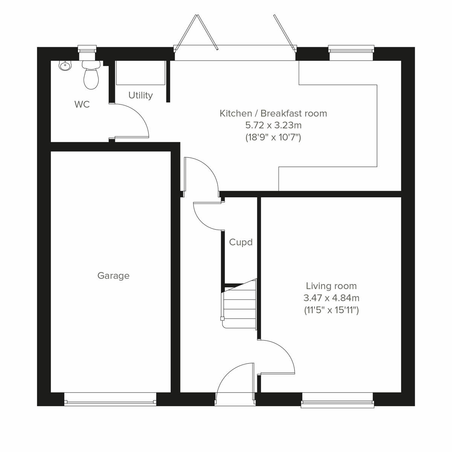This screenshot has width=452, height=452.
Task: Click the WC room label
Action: (x=82, y=104)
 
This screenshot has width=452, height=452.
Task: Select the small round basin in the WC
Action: (x=65, y=66)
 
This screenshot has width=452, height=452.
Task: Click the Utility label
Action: (x=140, y=95)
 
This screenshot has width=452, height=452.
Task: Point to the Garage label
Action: (x=113, y=276)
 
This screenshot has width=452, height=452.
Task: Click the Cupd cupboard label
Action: (x=241, y=242)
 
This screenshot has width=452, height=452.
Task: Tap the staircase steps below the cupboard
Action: (x=240, y=303)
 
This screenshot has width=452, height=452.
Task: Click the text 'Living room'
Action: (x=331, y=286)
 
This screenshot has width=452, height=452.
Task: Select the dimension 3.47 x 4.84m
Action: (x=331, y=298)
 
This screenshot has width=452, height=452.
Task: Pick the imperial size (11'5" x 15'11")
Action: (x=331, y=310)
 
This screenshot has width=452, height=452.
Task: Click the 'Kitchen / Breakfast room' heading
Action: (x=273, y=113)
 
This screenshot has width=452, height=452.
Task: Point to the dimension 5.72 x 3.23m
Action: (x=273, y=125)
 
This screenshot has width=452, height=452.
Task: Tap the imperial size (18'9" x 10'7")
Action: (x=273, y=137)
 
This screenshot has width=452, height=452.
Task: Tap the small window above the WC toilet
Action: (x=87, y=49)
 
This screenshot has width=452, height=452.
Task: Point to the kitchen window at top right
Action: (x=351, y=49)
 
